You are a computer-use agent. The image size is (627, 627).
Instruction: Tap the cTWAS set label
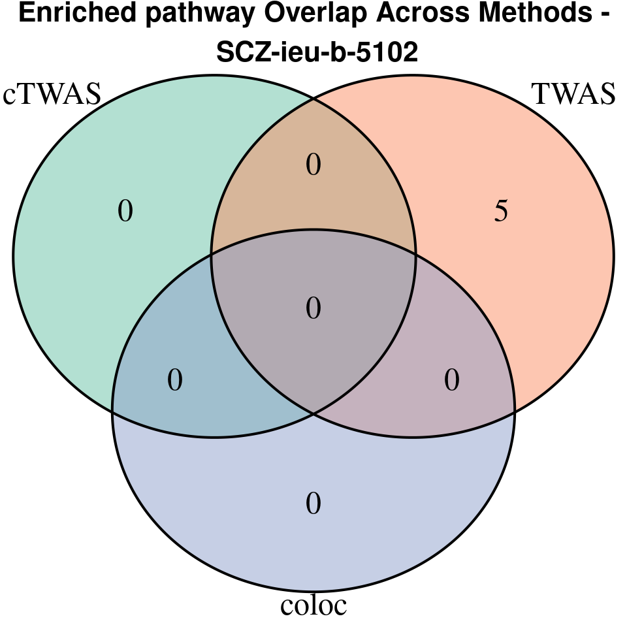click(52, 94)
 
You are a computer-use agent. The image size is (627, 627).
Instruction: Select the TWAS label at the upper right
click(574, 94)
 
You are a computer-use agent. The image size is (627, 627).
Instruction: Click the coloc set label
click(313, 605)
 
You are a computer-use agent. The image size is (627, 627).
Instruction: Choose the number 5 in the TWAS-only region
click(501, 212)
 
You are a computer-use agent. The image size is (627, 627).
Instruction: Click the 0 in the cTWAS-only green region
click(125, 212)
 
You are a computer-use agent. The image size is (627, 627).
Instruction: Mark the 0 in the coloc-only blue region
click(313, 504)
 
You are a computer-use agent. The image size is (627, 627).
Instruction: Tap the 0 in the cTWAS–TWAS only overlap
click(313, 165)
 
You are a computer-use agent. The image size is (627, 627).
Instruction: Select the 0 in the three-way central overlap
click(313, 308)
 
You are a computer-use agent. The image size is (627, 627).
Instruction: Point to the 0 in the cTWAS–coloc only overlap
click(175, 380)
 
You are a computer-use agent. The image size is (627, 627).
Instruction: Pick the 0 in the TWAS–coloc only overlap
click(452, 380)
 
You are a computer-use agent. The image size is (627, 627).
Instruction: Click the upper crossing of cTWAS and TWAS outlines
click(313, 99)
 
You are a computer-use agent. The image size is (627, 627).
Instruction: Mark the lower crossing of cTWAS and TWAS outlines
click(313, 413)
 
